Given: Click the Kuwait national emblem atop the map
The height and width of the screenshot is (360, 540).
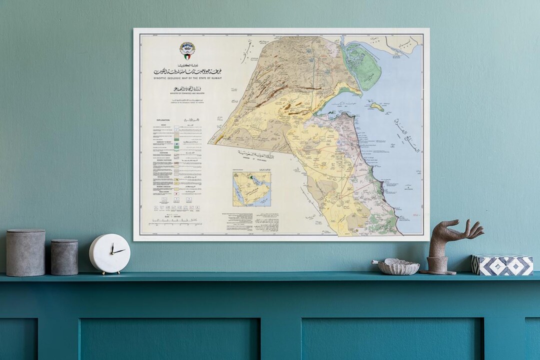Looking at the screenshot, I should (x=187, y=50).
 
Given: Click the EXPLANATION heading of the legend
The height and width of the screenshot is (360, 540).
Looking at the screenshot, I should (x=163, y=120).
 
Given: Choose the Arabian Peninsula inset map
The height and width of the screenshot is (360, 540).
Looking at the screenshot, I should (x=251, y=189).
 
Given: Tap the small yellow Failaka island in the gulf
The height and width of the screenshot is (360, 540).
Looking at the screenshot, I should (x=377, y=106).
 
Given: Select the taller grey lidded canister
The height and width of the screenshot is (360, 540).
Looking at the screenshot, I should (x=25, y=252).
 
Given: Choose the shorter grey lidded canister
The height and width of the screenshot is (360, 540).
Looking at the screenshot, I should (x=64, y=256).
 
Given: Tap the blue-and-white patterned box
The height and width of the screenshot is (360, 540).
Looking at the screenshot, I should (x=502, y=264).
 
